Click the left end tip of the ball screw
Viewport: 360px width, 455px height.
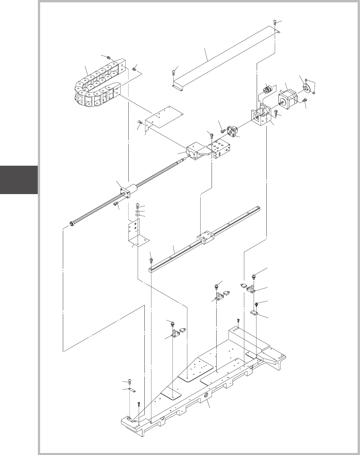(71, 223)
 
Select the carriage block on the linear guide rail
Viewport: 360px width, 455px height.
(205, 238)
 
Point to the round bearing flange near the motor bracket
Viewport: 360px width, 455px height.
(231, 131)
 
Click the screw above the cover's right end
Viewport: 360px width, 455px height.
(275, 22)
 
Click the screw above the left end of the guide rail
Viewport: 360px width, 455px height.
(151, 259)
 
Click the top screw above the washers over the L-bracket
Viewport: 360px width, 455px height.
(137, 206)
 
